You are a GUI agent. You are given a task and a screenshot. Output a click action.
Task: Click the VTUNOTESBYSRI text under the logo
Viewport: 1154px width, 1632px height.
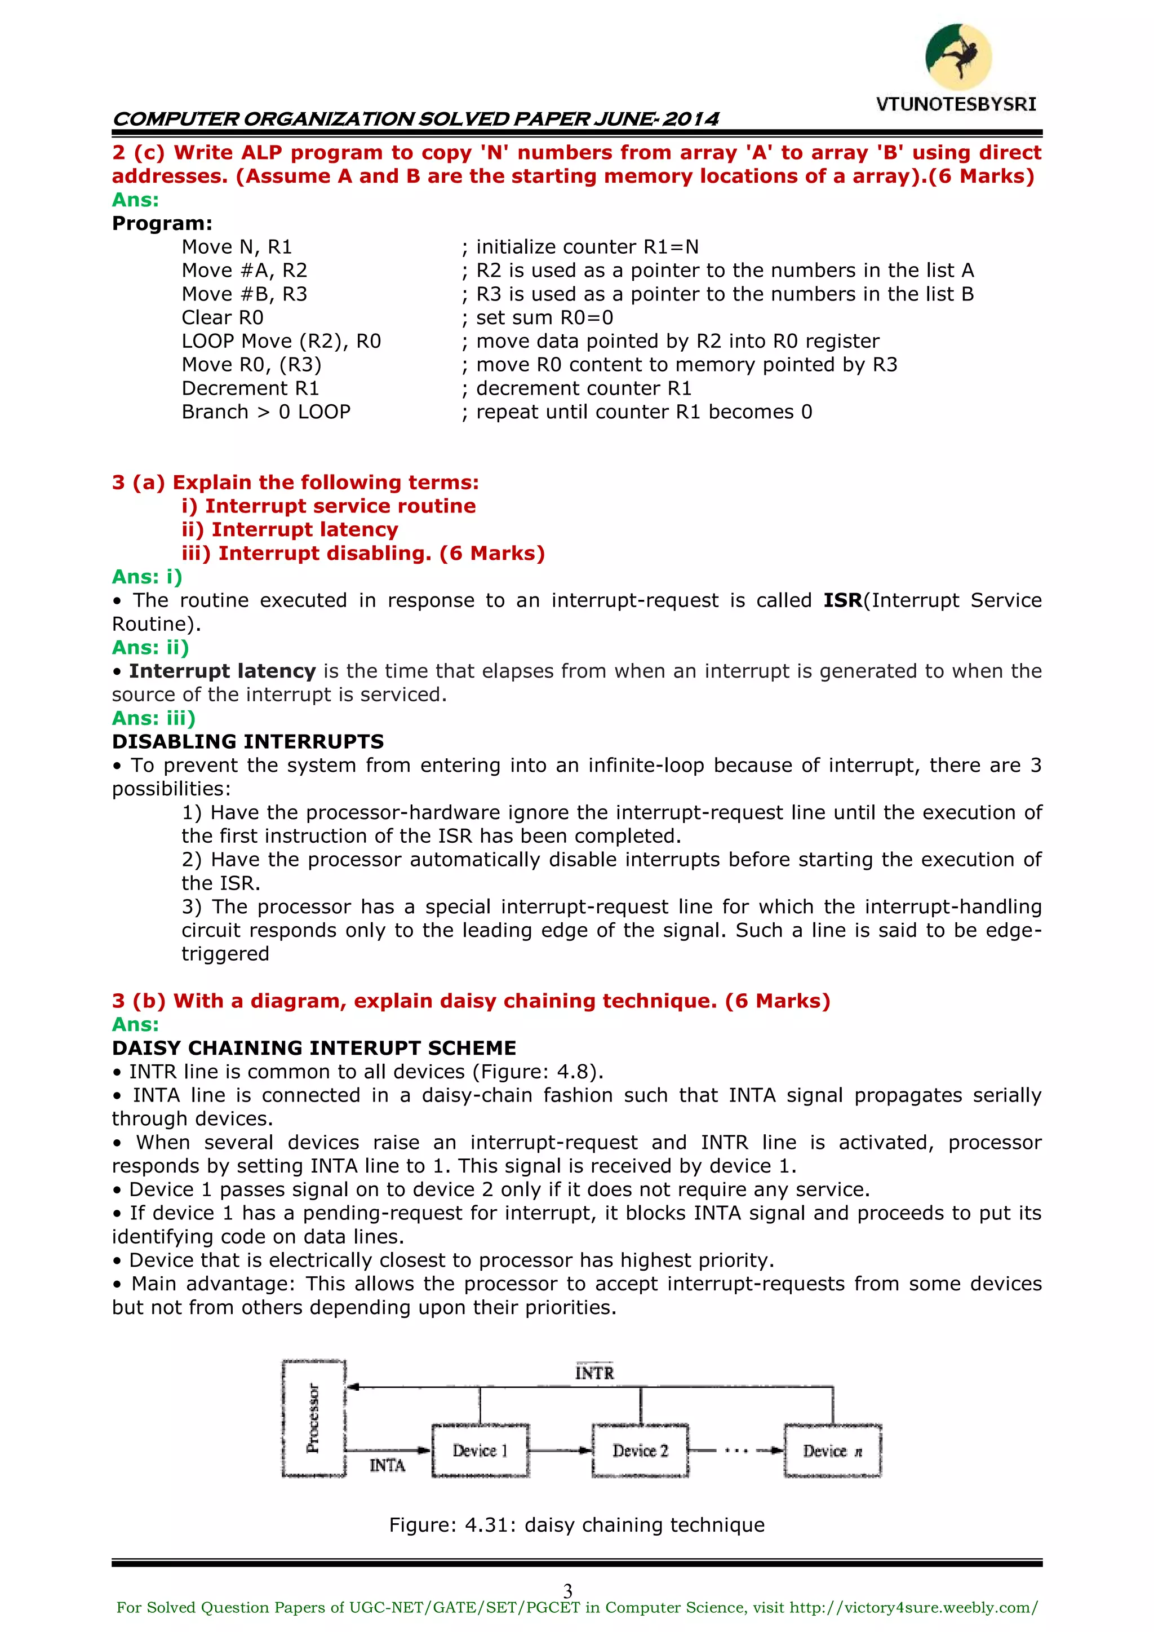pos(956,104)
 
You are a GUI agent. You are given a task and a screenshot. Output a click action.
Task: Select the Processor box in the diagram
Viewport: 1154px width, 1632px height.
pos(313,1418)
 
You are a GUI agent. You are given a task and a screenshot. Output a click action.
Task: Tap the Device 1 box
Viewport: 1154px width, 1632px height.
pos(480,1450)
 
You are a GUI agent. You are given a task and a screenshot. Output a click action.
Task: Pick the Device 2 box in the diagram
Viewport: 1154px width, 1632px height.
pos(640,1450)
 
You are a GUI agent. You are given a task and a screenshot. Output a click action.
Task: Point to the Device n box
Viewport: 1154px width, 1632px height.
pos(832,1450)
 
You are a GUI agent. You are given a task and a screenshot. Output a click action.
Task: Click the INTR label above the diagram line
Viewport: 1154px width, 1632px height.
pos(594,1373)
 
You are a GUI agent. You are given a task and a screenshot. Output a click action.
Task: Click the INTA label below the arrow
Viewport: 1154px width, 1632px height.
pos(387,1466)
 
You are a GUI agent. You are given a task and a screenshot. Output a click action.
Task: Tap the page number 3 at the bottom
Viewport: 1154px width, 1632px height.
pos(568,1591)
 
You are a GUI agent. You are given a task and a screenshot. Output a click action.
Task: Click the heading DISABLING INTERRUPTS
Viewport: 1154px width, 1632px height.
pos(247,741)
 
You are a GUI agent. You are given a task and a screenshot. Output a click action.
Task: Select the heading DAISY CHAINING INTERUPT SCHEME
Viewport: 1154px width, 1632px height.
pos(313,1048)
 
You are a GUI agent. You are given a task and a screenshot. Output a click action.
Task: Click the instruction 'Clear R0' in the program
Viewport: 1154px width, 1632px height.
pos(223,318)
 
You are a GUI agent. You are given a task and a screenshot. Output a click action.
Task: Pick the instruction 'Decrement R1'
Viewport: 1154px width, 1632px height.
pos(250,388)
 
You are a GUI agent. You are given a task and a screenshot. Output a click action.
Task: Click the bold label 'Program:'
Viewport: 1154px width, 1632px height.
pos(162,223)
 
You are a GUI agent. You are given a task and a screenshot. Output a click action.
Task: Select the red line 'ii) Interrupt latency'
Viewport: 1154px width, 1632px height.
pos(290,529)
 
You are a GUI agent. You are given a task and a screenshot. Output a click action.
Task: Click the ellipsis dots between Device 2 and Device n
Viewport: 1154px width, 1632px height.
pos(736,1450)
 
